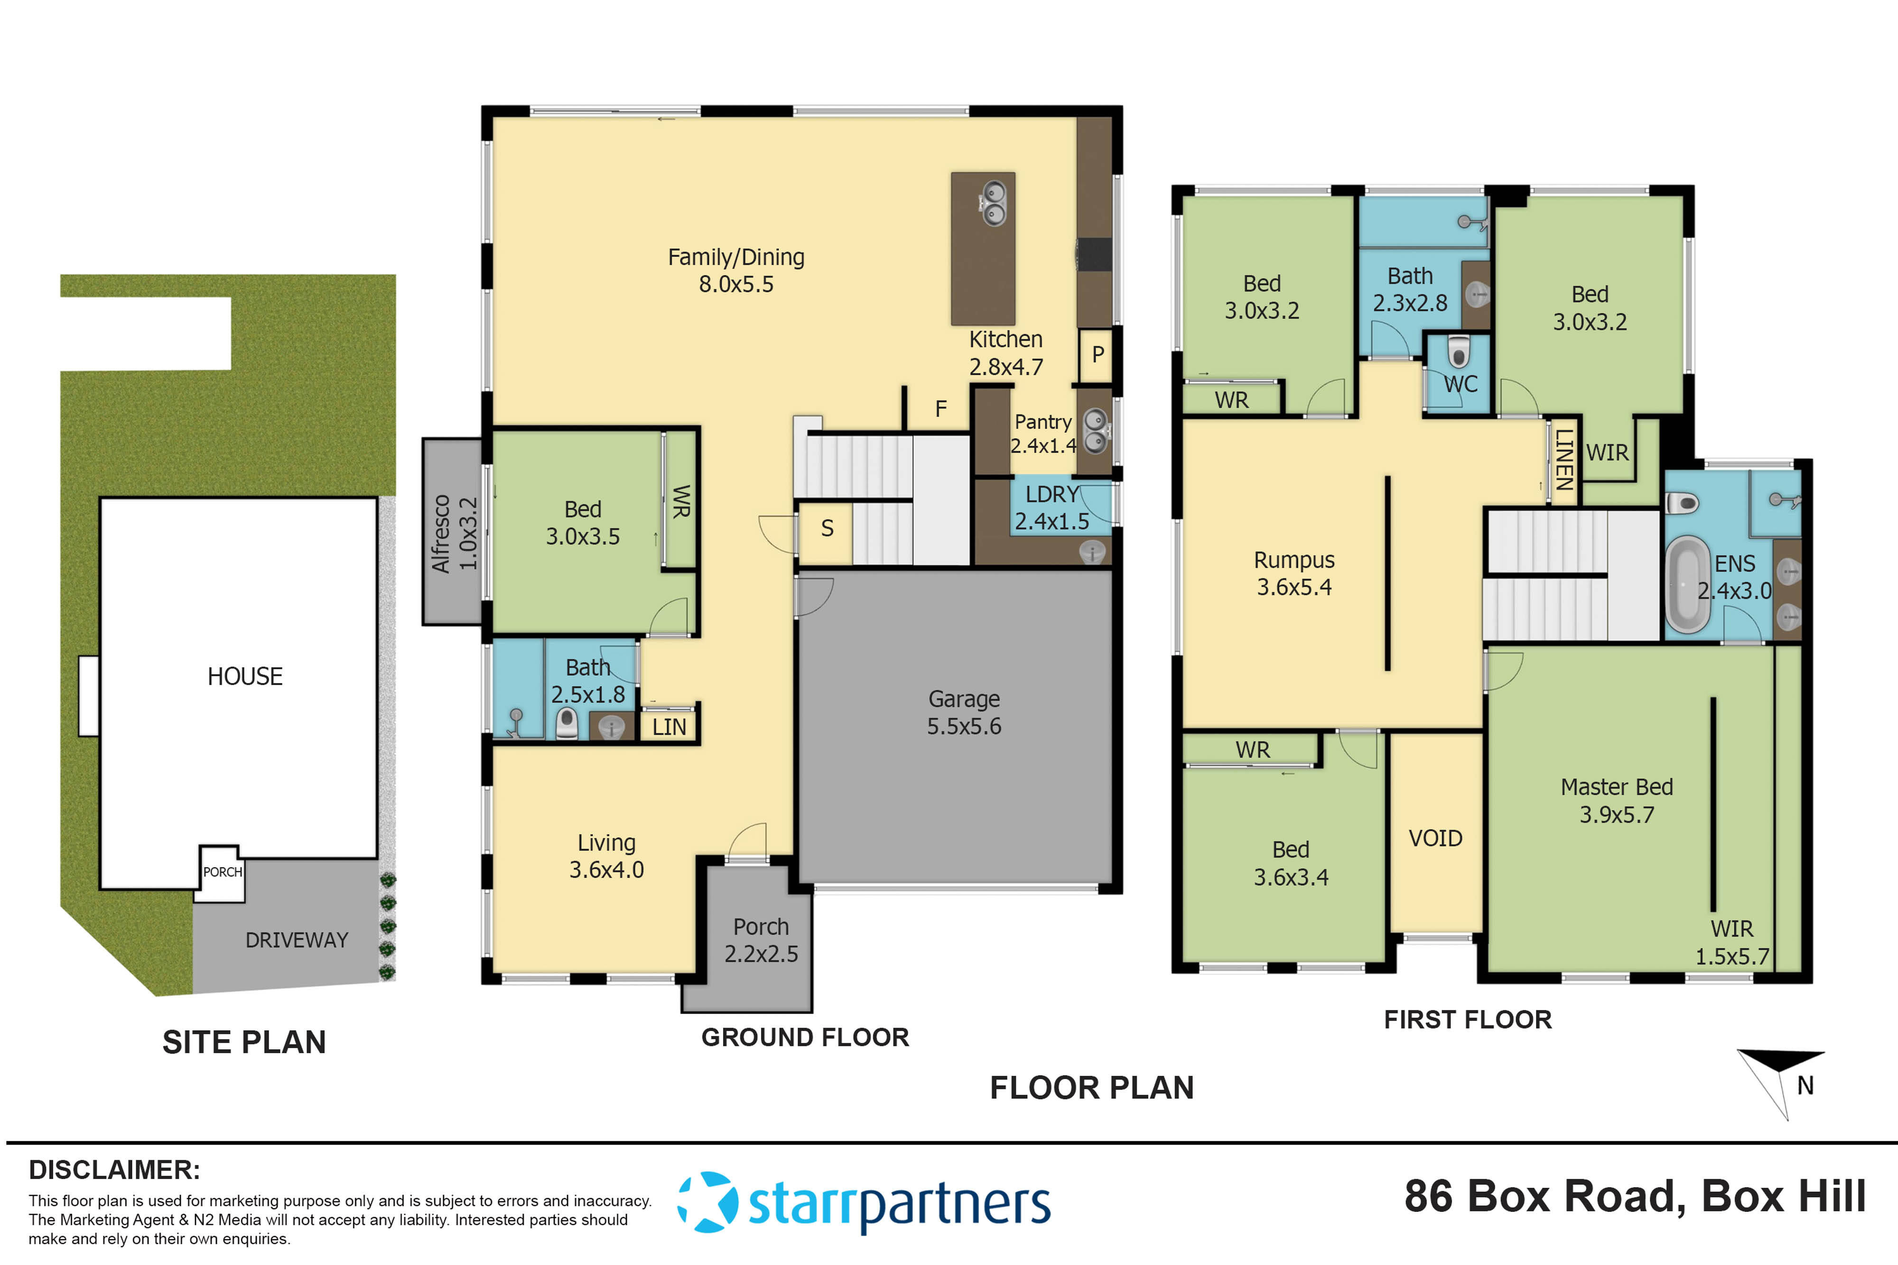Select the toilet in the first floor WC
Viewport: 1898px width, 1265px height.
tap(1457, 352)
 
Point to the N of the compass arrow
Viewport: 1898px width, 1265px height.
tap(1805, 1086)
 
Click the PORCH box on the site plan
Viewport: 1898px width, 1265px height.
tap(222, 872)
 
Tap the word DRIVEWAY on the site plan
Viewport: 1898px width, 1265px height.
tap(296, 940)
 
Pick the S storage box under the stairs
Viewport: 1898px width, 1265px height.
tap(826, 529)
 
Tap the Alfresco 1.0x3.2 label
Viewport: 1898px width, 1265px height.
tap(454, 533)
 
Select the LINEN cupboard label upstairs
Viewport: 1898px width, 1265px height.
tap(1563, 460)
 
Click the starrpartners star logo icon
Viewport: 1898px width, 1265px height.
tap(707, 1202)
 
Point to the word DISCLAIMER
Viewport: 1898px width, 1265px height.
tap(114, 1170)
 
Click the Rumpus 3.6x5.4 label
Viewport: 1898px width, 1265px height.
tap(1293, 573)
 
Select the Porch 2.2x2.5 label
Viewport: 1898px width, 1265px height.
tap(760, 940)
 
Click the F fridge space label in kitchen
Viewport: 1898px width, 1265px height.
tap(940, 409)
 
